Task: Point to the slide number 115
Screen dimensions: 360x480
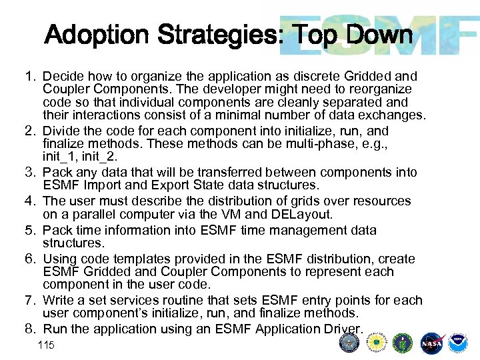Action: pyautogui.click(x=47, y=345)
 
